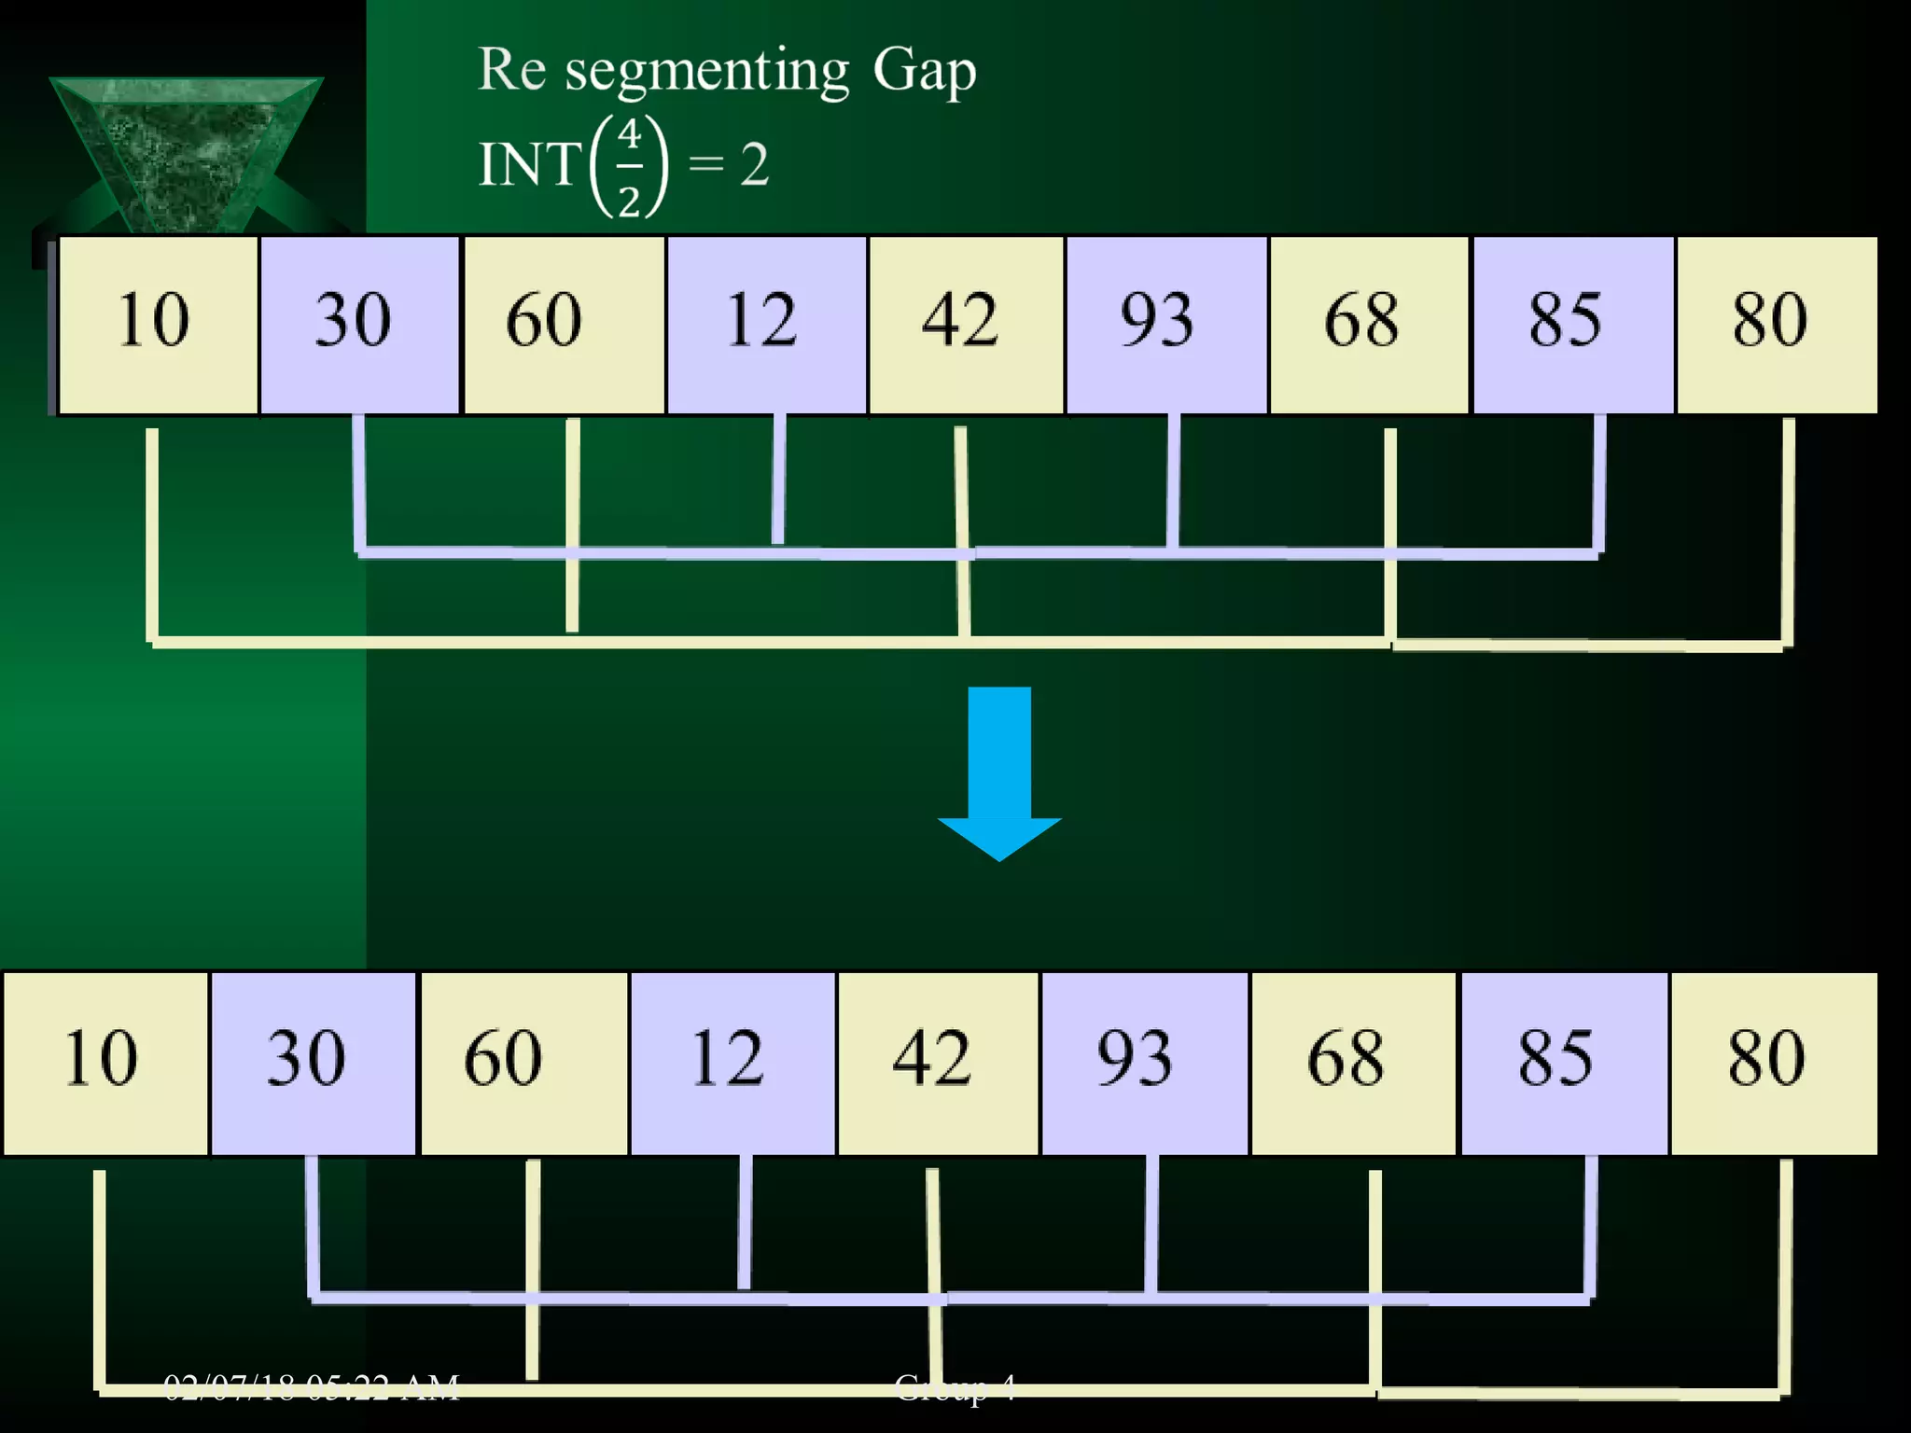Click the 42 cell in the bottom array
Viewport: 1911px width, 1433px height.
point(937,1063)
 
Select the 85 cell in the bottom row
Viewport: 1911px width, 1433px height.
point(1563,1063)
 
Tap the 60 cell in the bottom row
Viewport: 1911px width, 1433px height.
point(523,1063)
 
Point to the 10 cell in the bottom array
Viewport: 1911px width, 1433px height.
point(105,1063)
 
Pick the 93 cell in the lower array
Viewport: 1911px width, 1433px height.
point(1143,1063)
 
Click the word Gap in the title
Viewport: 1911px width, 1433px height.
point(924,71)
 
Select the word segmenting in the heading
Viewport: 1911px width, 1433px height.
point(706,73)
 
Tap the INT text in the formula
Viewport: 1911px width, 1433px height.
point(529,164)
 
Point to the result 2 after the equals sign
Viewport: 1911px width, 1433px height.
point(754,165)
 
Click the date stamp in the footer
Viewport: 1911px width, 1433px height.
point(312,1387)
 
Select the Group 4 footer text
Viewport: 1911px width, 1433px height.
point(954,1387)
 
